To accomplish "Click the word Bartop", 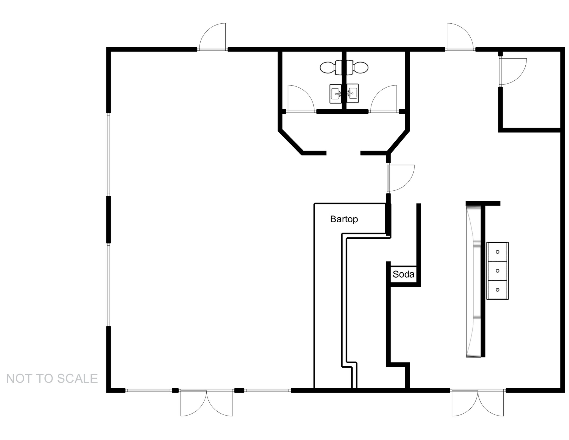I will (344, 219).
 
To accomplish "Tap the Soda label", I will (403, 274).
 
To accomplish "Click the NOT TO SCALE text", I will (52, 379).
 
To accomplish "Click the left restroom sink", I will (336, 94).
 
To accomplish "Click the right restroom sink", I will (353, 94).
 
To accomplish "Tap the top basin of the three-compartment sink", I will (497, 252).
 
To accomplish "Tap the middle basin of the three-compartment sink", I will (497, 271).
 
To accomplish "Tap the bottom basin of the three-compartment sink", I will (497, 290).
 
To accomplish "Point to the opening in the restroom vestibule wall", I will (343, 153).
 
